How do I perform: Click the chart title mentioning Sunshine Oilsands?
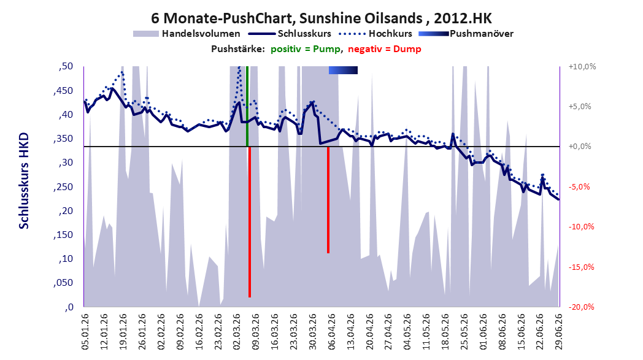click(321, 18)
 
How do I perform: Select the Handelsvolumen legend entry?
click(187, 34)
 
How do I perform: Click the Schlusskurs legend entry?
click(291, 34)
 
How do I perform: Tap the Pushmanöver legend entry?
click(466, 34)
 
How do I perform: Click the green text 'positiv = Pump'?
click(305, 49)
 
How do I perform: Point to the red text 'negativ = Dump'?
click(385, 49)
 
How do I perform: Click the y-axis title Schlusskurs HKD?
click(24, 180)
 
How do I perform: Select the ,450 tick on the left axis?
click(63, 91)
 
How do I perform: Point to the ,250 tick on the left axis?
click(63, 187)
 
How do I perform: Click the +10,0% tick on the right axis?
click(582, 66)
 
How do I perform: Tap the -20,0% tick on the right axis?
click(582, 307)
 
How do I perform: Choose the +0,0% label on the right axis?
click(580, 147)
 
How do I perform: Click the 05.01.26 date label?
click(85, 331)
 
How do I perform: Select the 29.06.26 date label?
click(558, 331)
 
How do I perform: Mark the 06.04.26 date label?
click(331, 331)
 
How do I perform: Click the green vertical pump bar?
click(247, 106)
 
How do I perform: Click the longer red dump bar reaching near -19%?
click(249, 222)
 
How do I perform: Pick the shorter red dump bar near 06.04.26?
click(328, 200)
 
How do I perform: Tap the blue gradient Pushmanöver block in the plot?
click(343, 70)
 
